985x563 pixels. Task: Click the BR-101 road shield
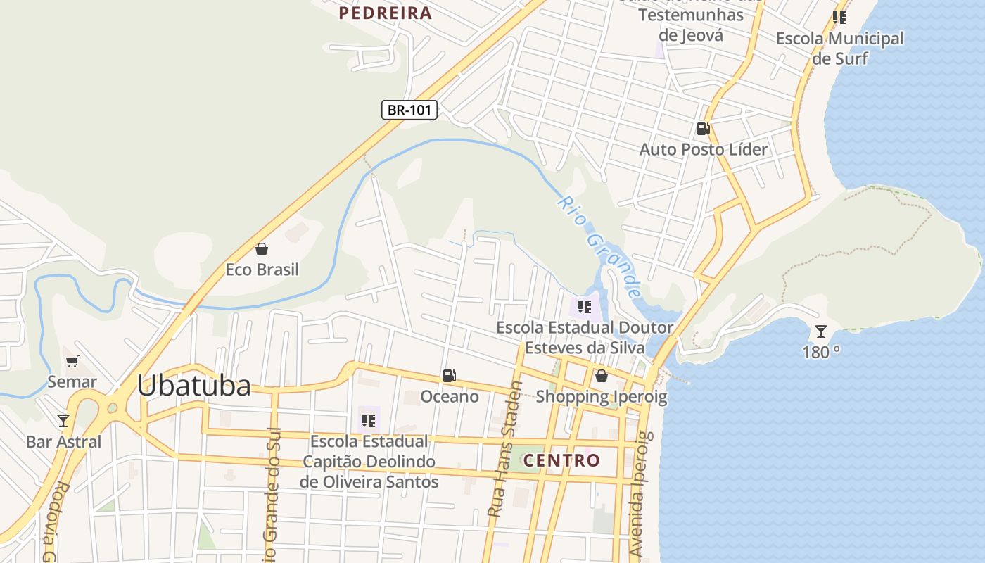(409, 110)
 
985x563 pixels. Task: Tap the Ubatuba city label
(193, 385)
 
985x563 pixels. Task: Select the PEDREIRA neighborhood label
(385, 13)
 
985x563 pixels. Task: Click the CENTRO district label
(561, 460)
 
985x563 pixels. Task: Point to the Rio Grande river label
(601, 246)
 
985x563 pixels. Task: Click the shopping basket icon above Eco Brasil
(262, 249)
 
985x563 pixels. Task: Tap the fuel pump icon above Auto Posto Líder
(703, 129)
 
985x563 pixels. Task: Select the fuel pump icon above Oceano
(449, 376)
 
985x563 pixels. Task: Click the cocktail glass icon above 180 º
(820, 331)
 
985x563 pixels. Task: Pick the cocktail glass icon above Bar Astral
(63, 421)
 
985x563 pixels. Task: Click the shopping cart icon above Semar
(72, 362)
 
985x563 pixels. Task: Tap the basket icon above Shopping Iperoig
(601, 376)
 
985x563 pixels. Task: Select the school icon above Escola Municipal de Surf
(839, 18)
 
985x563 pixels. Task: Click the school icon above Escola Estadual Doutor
(584, 307)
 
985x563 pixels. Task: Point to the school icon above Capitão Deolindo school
(368, 421)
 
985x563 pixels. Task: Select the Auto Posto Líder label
(703, 149)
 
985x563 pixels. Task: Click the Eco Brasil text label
(262, 270)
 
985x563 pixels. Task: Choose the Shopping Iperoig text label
(601, 396)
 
